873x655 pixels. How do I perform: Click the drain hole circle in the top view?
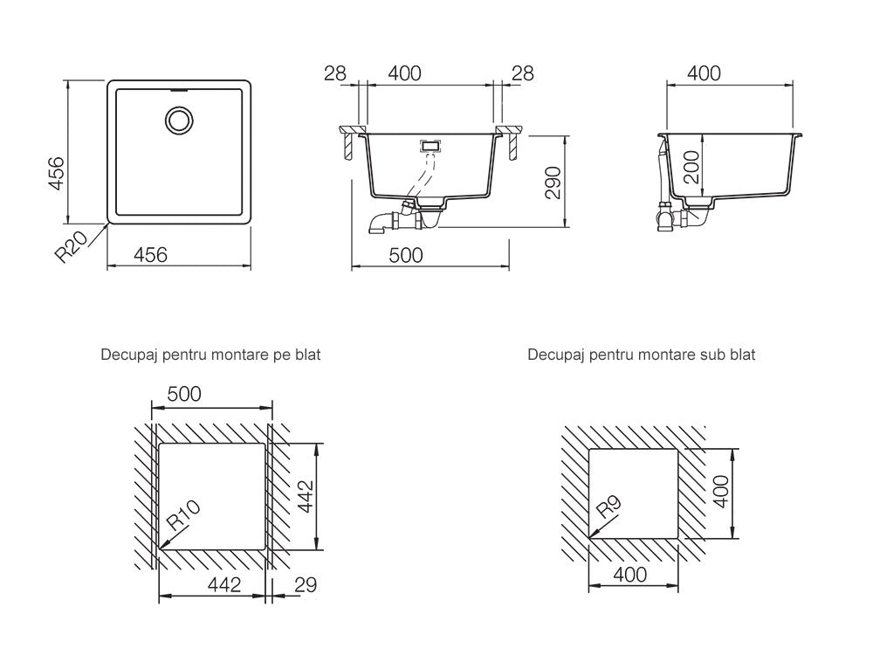pyautogui.click(x=180, y=120)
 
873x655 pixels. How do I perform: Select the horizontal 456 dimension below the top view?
pyautogui.click(x=149, y=255)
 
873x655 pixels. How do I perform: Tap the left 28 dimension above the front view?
pyautogui.click(x=335, y=73)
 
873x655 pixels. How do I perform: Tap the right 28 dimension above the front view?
pyautogui.click(x=521, y=73)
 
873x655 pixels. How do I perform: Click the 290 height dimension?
pyautogui.click(x=552, y=182)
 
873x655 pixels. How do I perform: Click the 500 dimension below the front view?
pyautogui.click(x=405, y=255)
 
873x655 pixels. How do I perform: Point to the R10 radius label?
pyautogui.click(x=183, y=515)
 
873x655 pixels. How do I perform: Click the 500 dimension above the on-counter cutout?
pyautogui.click(x=183, y=394)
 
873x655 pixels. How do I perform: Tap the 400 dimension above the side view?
pyautogui.click(x=704, y=73)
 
